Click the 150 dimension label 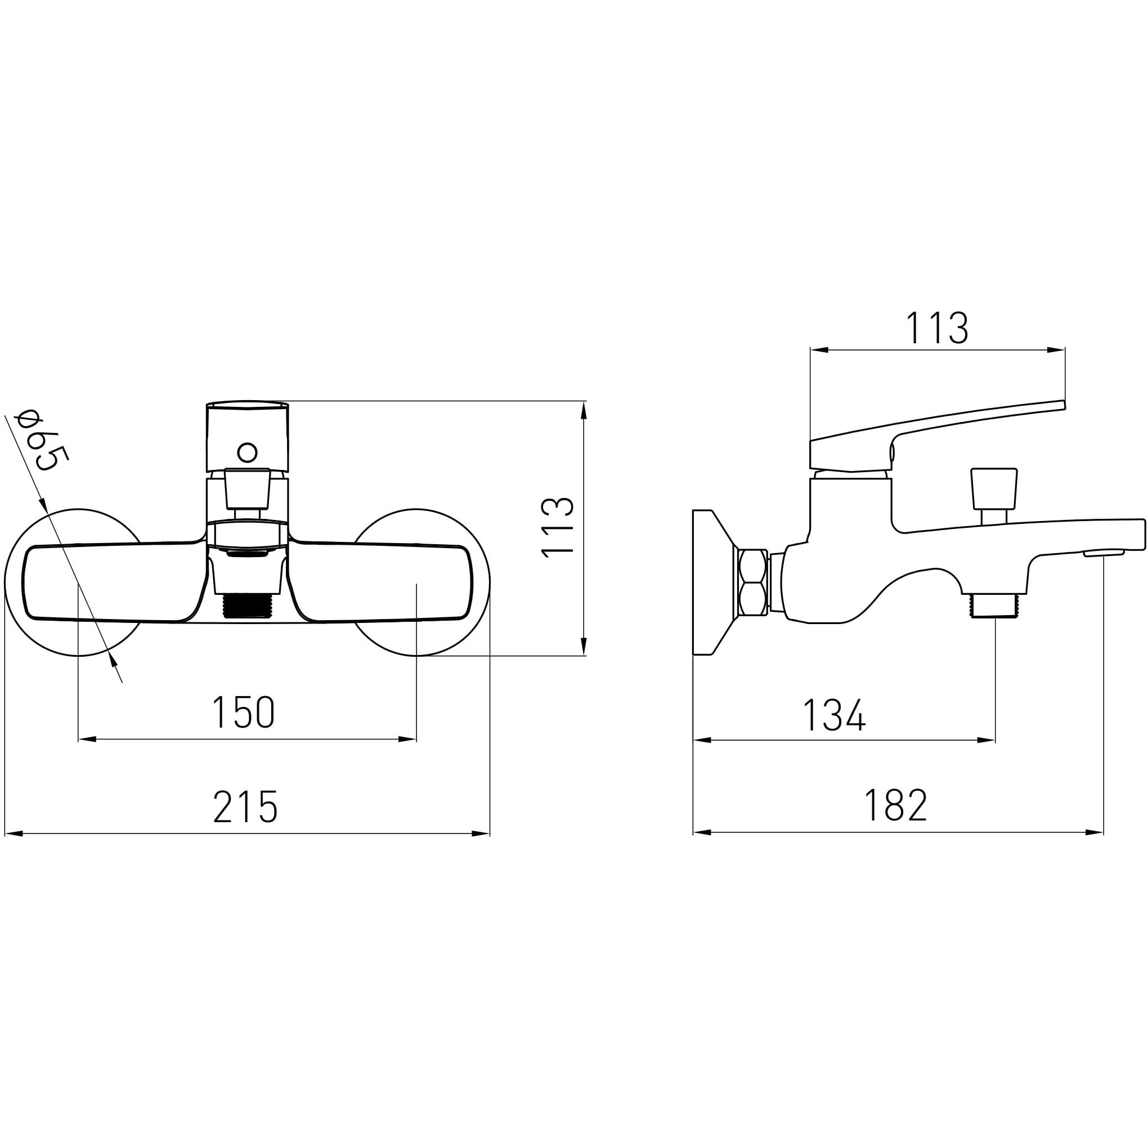click(244, 712)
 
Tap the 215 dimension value click(245, 806)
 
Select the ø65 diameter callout click(43, 440)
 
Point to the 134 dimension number click(834, 715)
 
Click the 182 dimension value click(896, 805)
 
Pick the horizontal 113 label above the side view click(937, 328)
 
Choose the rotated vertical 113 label click(558, 527)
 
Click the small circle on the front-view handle click(247, 453)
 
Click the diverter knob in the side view click(992, 495)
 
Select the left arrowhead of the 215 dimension click(13, 833)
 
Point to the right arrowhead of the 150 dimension click(407, 739)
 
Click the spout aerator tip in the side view click(1104, 554)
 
